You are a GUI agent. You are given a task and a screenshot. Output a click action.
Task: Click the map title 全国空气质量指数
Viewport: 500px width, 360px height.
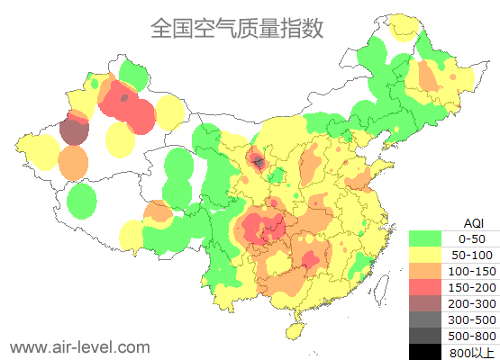coord(237,28)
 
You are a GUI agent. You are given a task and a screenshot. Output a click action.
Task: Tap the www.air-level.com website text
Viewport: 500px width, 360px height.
coord(79,346)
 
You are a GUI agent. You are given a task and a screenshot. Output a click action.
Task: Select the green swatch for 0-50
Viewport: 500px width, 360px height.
coord(425,238)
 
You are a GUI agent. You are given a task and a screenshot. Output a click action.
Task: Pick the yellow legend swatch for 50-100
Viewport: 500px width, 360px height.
coord(425,255)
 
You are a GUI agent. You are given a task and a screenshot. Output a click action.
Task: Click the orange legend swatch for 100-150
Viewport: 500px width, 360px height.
coord(425,271)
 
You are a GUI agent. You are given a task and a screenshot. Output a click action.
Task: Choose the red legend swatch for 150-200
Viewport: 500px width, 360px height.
coord(425,287)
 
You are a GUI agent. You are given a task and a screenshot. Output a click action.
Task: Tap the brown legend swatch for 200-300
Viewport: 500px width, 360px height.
coord(425,303)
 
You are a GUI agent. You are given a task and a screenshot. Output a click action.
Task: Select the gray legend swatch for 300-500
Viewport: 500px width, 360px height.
coord(425,319)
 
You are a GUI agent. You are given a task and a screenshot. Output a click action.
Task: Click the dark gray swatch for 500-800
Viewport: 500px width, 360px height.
coord(425,336)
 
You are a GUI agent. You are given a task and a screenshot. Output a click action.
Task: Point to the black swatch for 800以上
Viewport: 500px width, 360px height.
coord(425,351)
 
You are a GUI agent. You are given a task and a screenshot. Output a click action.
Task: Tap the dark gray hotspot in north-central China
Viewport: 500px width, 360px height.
coord(259,162)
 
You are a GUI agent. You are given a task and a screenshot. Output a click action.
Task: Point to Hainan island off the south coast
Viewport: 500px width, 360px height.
coord(295,329)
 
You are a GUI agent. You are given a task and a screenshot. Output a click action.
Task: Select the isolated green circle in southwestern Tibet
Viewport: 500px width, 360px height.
coord(82,201)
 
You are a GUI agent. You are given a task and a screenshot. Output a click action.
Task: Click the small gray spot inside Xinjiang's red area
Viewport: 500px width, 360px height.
coord(123,97)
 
